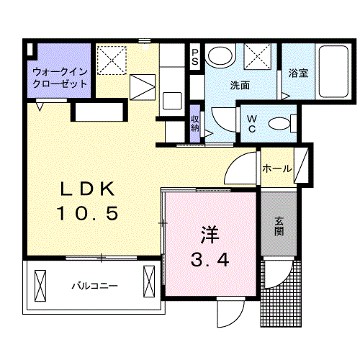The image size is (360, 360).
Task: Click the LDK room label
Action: pos(86,189)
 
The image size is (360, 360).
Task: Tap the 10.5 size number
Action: pos(86,214)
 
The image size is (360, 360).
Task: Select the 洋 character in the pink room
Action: pos(209,234)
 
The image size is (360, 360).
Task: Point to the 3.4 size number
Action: pos(210,259)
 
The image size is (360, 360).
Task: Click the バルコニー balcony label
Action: pos(94,286)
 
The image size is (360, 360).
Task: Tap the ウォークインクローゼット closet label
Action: pos(60,77)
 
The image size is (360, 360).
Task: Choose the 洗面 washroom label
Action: pos(240,85)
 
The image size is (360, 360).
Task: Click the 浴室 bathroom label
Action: pos(298,73)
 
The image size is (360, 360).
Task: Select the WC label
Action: pos(253,123)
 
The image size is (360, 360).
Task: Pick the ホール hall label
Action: pos(277,169)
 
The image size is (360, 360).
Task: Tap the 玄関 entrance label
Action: pos(279,226)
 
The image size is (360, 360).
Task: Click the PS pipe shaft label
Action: pos(195,56)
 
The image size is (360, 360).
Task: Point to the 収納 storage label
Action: pos(195,123)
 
